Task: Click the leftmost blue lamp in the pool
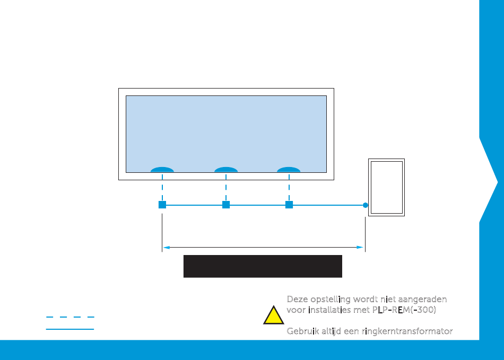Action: tap(162, 170)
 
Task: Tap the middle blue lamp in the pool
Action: tap(226, 170)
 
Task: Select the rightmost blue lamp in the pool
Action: tap(289, 170)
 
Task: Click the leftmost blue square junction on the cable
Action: tap(162, 205)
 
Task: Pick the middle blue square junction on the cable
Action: tap(226, 205)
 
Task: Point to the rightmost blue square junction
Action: tap(289, 205)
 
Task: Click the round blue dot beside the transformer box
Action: tap(366, 205)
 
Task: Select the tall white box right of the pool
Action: tap(387, 187)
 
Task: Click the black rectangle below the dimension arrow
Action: tap(263, 266)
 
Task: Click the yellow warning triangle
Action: tap(273, 316)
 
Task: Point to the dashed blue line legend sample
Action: tap(70, 317)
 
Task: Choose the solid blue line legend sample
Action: tap(70, 329)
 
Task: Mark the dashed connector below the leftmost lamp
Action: tap(162, 189)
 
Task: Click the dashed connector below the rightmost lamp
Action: tap(289, 189)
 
